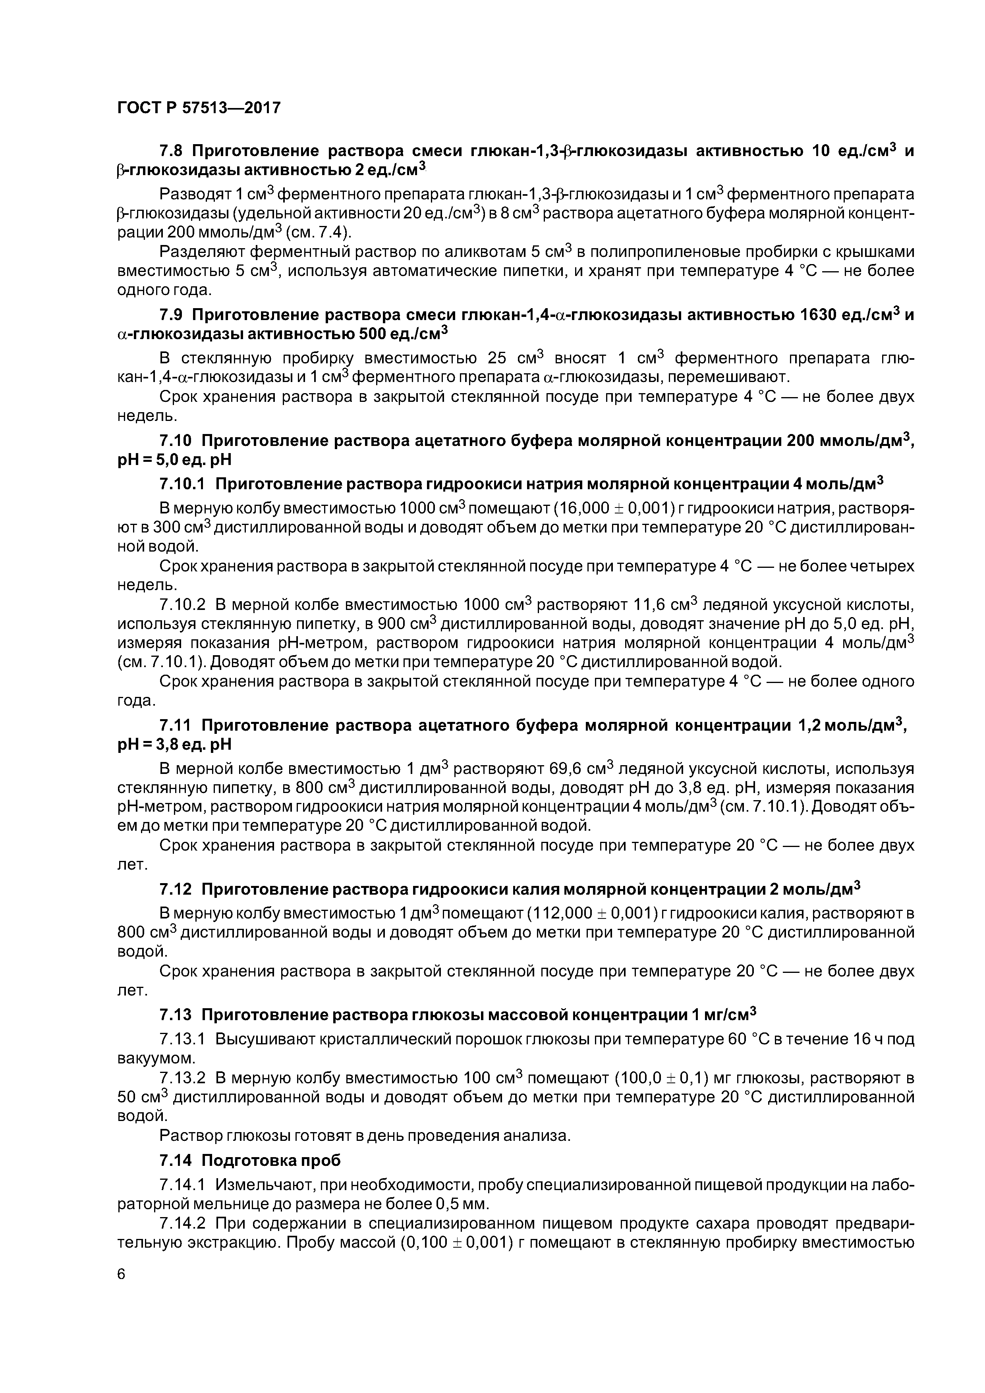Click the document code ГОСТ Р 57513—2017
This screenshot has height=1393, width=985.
click(x=199, y=108)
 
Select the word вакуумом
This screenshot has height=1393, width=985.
click(x=155, y=1059)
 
